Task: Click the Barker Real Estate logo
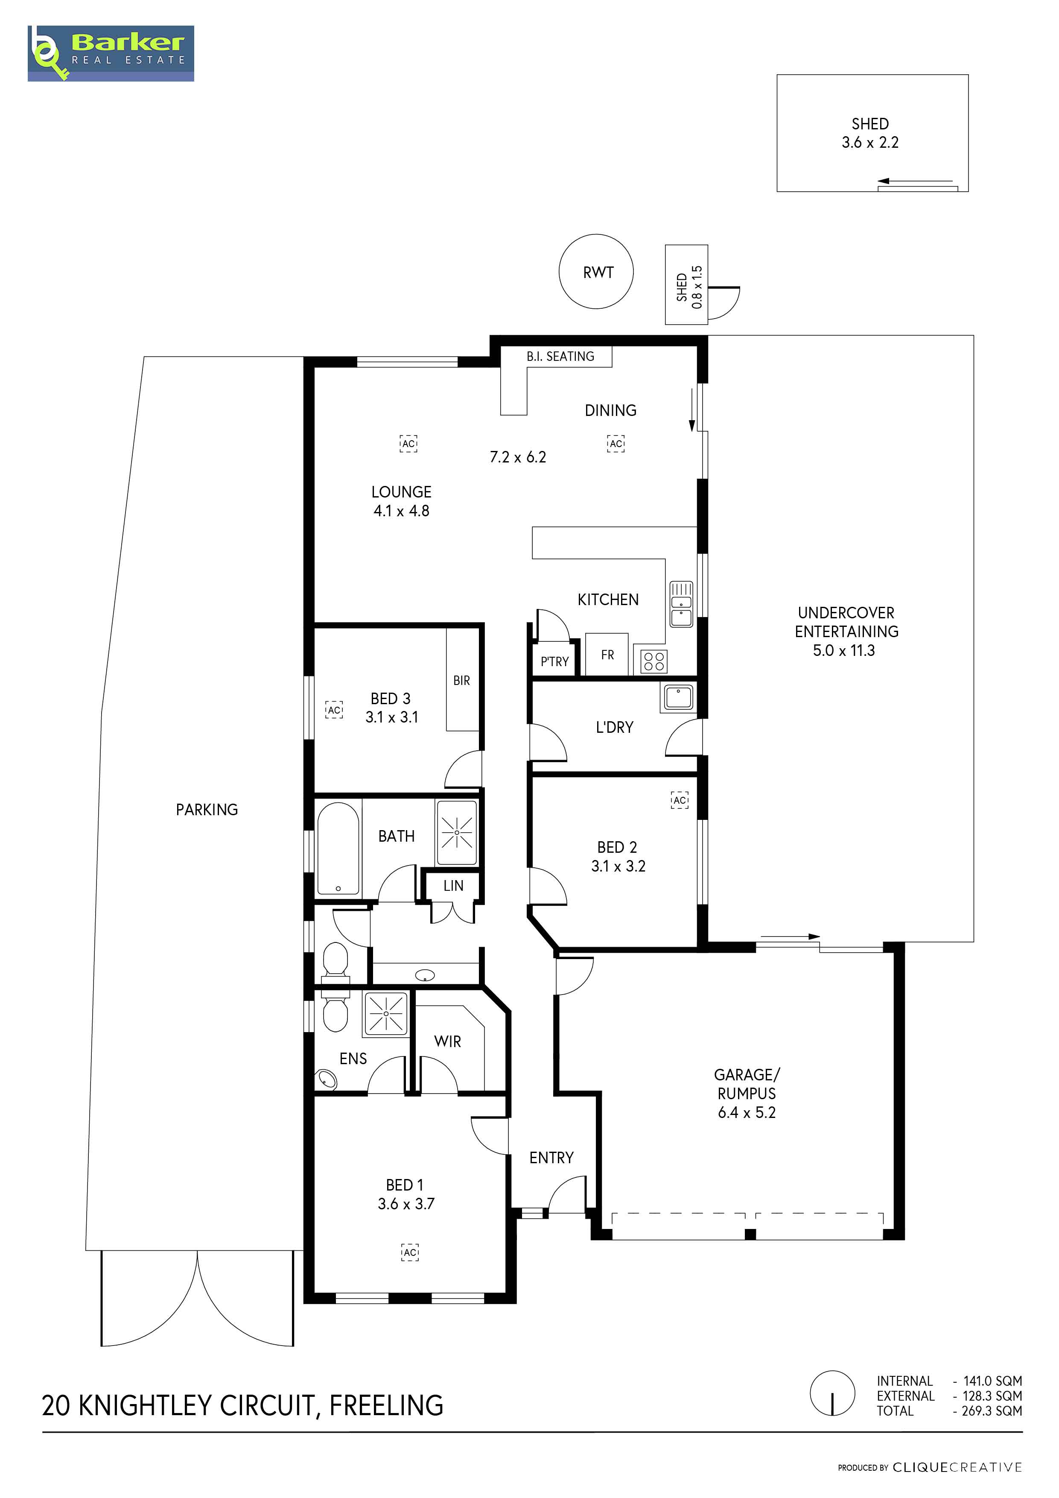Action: (111, 53)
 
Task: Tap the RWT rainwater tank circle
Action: (596, 272)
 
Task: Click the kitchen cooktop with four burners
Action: (653, 661)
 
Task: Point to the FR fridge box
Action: (607, 654)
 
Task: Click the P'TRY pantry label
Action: (555, 661)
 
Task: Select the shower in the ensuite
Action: (387, 1013)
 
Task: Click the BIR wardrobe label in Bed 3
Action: (462, 681)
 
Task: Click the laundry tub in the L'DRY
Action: (679, 697)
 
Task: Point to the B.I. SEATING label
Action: (561, 356)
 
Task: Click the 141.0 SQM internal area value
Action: (992, 1381)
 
